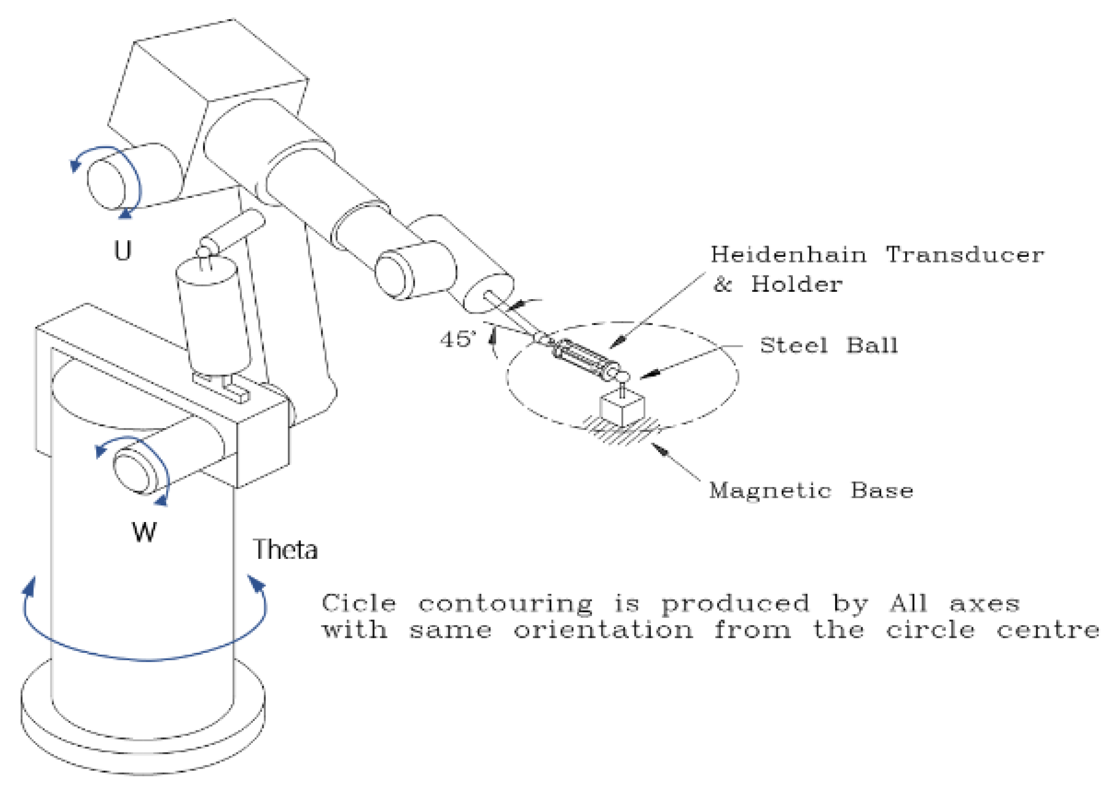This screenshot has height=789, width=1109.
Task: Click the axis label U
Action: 123,251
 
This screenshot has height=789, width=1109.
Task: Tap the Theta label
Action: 285,549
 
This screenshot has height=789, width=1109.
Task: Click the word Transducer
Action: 965,255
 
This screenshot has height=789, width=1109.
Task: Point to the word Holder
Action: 797,284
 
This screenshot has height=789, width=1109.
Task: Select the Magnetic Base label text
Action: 811,491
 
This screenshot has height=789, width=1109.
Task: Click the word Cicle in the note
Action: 359,603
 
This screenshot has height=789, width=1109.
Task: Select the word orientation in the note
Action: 603,630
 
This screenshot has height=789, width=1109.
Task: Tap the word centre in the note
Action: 1048,630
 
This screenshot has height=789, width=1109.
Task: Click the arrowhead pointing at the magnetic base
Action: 660,449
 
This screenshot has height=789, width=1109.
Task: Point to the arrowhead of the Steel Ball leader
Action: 650,374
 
